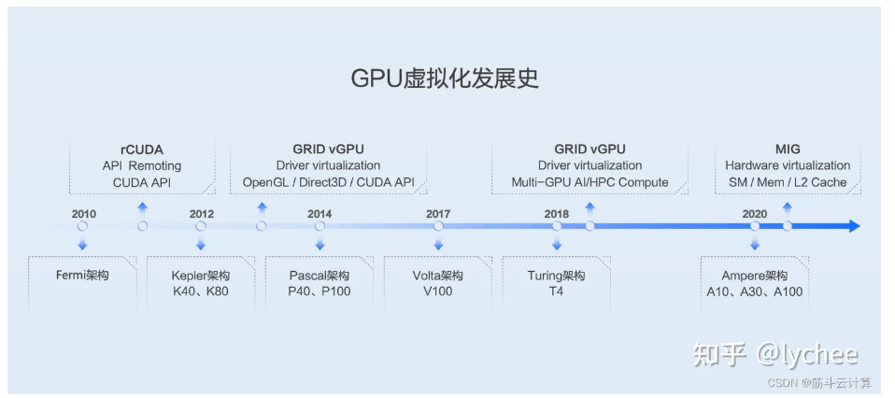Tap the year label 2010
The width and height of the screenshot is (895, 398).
click(x=83, y=214)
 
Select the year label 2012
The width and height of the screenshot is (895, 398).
click(x=202, y=214)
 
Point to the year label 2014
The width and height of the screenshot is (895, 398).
click(x=320, y=214)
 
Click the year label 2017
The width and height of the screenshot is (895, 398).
click(x=438, y=214)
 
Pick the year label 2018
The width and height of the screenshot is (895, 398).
click(x=557, y=214)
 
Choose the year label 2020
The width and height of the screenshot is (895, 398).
click(x=755, y=214)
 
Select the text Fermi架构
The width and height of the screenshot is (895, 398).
click(x=82, y=276)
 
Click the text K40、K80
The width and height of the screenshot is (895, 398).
click(x=201, y=291)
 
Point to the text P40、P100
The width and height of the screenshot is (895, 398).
click(x=320, y=291)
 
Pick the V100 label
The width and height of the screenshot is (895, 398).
click(x=438, y=291)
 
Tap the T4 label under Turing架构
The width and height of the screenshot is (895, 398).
click(x=557, y=291)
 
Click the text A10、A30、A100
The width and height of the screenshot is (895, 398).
click(x=755, y=291)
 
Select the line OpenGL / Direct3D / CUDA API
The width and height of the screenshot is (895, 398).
click(x=328, y=182)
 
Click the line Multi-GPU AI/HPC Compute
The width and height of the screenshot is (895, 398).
click(x=590, y=182)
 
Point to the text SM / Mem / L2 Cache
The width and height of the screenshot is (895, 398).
click(x=788, y=182)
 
